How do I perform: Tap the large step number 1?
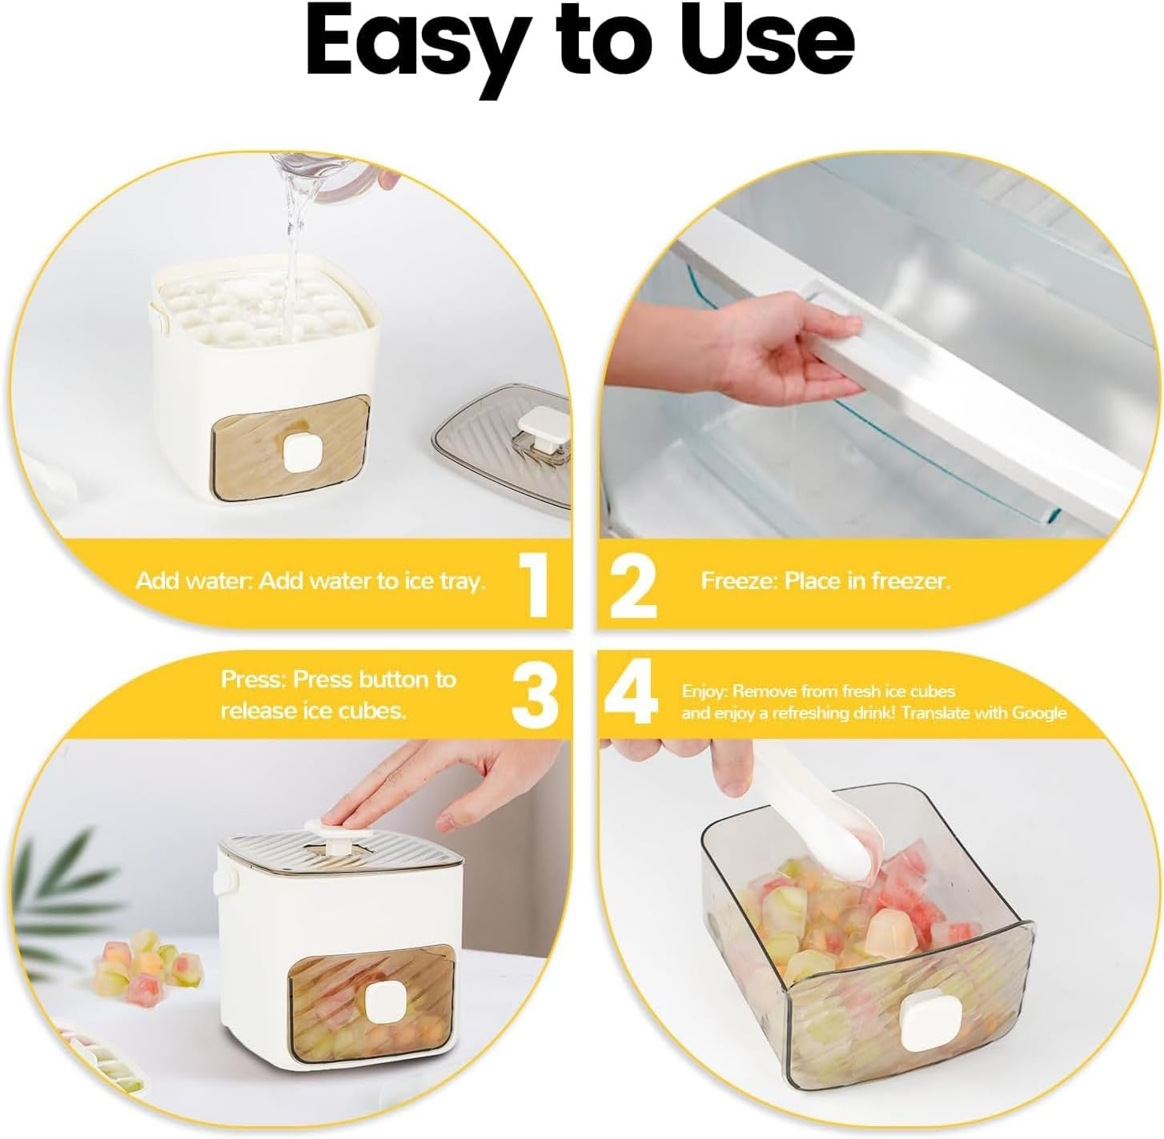tap(535, 583)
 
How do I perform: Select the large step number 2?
tap(633, 583)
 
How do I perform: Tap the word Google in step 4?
tap(1039, 713)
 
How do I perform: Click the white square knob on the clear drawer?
tap(923, 1026)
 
